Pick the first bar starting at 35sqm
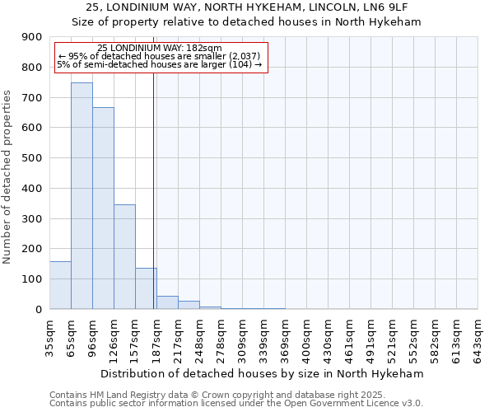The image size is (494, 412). (x=60, y=285)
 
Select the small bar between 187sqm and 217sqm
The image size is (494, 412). (x=167, y=302)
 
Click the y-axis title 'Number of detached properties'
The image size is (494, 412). (x=8, y=173)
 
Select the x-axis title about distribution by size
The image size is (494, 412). (x=263, y=373)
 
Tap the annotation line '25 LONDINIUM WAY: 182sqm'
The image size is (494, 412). (x=159, y=48)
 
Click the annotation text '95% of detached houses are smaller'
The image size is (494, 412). (x=159, y=56)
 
